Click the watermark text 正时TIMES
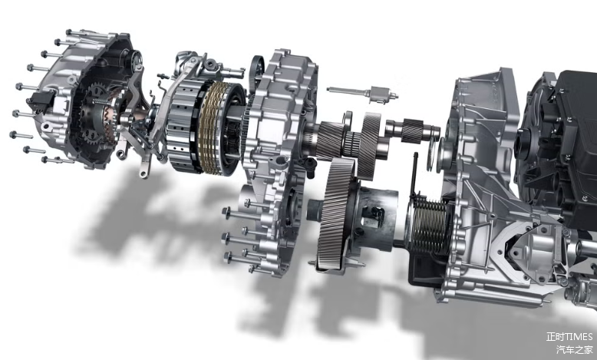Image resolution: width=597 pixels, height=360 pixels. (569, 337)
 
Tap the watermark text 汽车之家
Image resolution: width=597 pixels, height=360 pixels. (575, 350)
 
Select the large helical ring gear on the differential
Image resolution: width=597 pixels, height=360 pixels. (335, 213)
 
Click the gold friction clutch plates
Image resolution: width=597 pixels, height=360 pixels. (212, 127)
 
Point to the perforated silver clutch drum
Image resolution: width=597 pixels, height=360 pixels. (182, 127)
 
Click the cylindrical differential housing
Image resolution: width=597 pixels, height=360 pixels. (375, 218)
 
